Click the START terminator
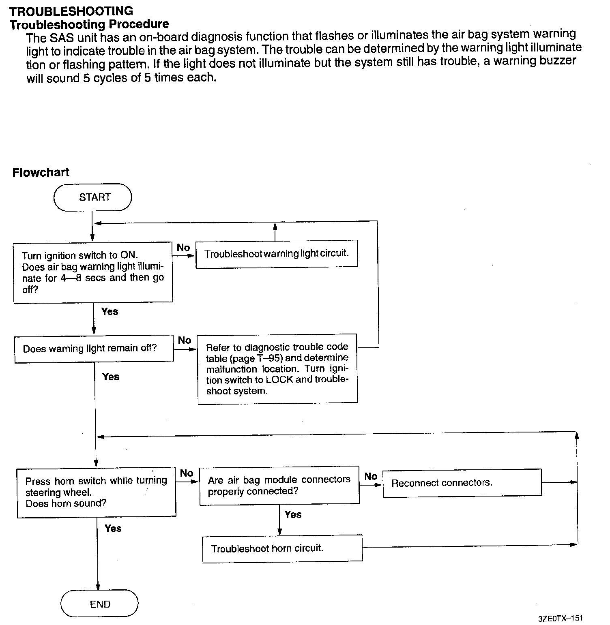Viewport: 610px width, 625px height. click(x=93, y=197)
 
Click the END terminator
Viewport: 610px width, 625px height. click(x=99, y=604)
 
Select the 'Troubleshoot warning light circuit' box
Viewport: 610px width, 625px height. click(x=277, y=254)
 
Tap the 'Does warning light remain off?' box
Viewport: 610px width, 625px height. click(x=94, y=349)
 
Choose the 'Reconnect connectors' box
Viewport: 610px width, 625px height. click(x=462, y=483)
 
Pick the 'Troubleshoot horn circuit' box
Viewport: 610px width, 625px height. click(x=282, y=548)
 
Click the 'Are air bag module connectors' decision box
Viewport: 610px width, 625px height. click(x=279, y=486)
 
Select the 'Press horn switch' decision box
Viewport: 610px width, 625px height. click(x=97, y=492)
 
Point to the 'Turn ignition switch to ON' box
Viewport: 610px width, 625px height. click(x=93, y=272)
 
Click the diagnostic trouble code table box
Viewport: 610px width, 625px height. click(x=277, y=369)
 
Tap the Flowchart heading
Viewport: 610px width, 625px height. click(x=41, y=172)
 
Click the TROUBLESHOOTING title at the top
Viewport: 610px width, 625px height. click(x=71, y=11)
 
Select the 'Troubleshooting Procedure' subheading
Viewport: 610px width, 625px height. click(x=89, y=24)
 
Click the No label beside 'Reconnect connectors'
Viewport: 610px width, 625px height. click(x=370, y=476)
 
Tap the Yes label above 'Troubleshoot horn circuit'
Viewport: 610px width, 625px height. click(x=293, y=514)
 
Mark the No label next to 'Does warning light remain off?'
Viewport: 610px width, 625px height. click(x=185, y=340)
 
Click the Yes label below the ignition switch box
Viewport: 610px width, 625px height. click(x=110, y=311)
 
